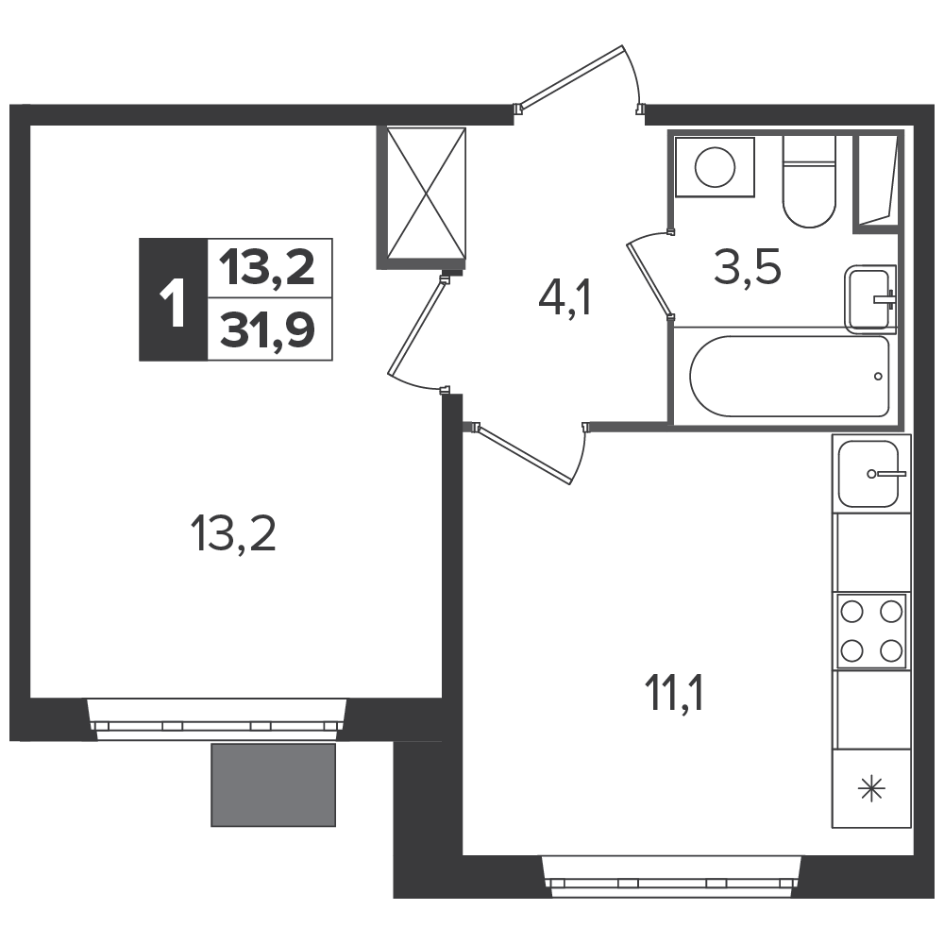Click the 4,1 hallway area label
(x=565, y=299)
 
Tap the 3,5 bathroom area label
(x=747, y=267)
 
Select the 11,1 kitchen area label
(x=674, y=692)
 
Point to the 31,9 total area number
(x=267, y=331)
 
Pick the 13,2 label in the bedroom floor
(x=233, y=534)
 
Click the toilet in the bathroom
(x=809, y=181)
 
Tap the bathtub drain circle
(x=878, y=377)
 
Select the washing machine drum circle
(x=715, y=167)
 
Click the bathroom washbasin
(x=870, y=299)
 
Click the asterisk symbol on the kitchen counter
(x=871, y=788)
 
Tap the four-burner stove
(x=871, y=631)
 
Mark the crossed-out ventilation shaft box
(x=426, y=194)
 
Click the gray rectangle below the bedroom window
(x=274, y=785)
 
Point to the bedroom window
(x=217, y=718)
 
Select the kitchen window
(x=672, y=876)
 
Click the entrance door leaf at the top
(x=571, y=78)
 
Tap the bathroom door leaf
(x=650, y=278)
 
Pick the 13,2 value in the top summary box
(x=267, y=267)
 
